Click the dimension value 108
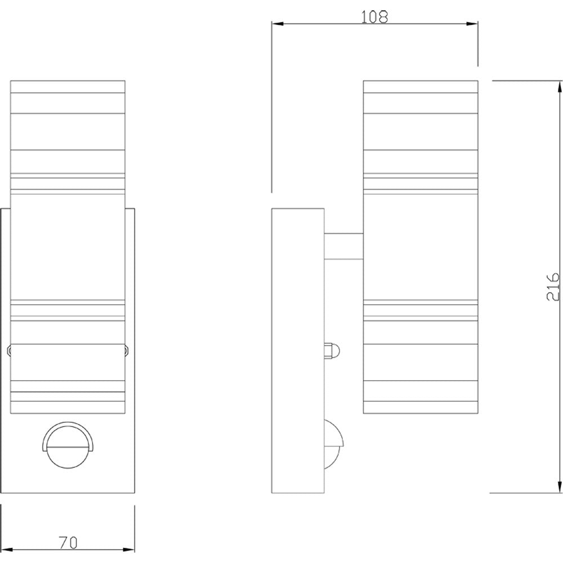coord(374,16)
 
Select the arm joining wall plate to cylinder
coord(343,246)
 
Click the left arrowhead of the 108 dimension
coord(276,24)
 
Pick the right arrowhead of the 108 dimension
coord(474,24)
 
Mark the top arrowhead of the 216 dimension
coord(560,85)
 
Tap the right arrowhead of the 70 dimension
coord(131,550)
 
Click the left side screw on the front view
coord(8,350)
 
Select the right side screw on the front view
coord(127,350)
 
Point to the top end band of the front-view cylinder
coord(67,87)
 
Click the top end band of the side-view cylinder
coord(421,87)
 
